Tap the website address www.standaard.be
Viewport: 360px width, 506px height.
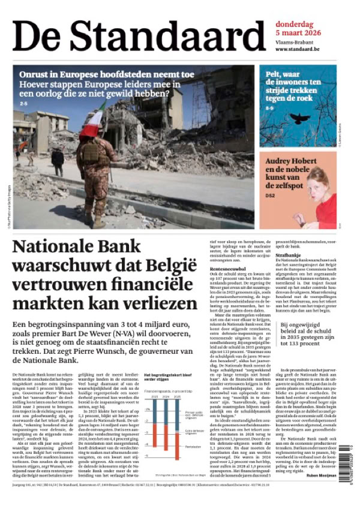[x=297, y=49]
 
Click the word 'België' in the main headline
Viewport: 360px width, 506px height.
[x=164, y=264]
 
